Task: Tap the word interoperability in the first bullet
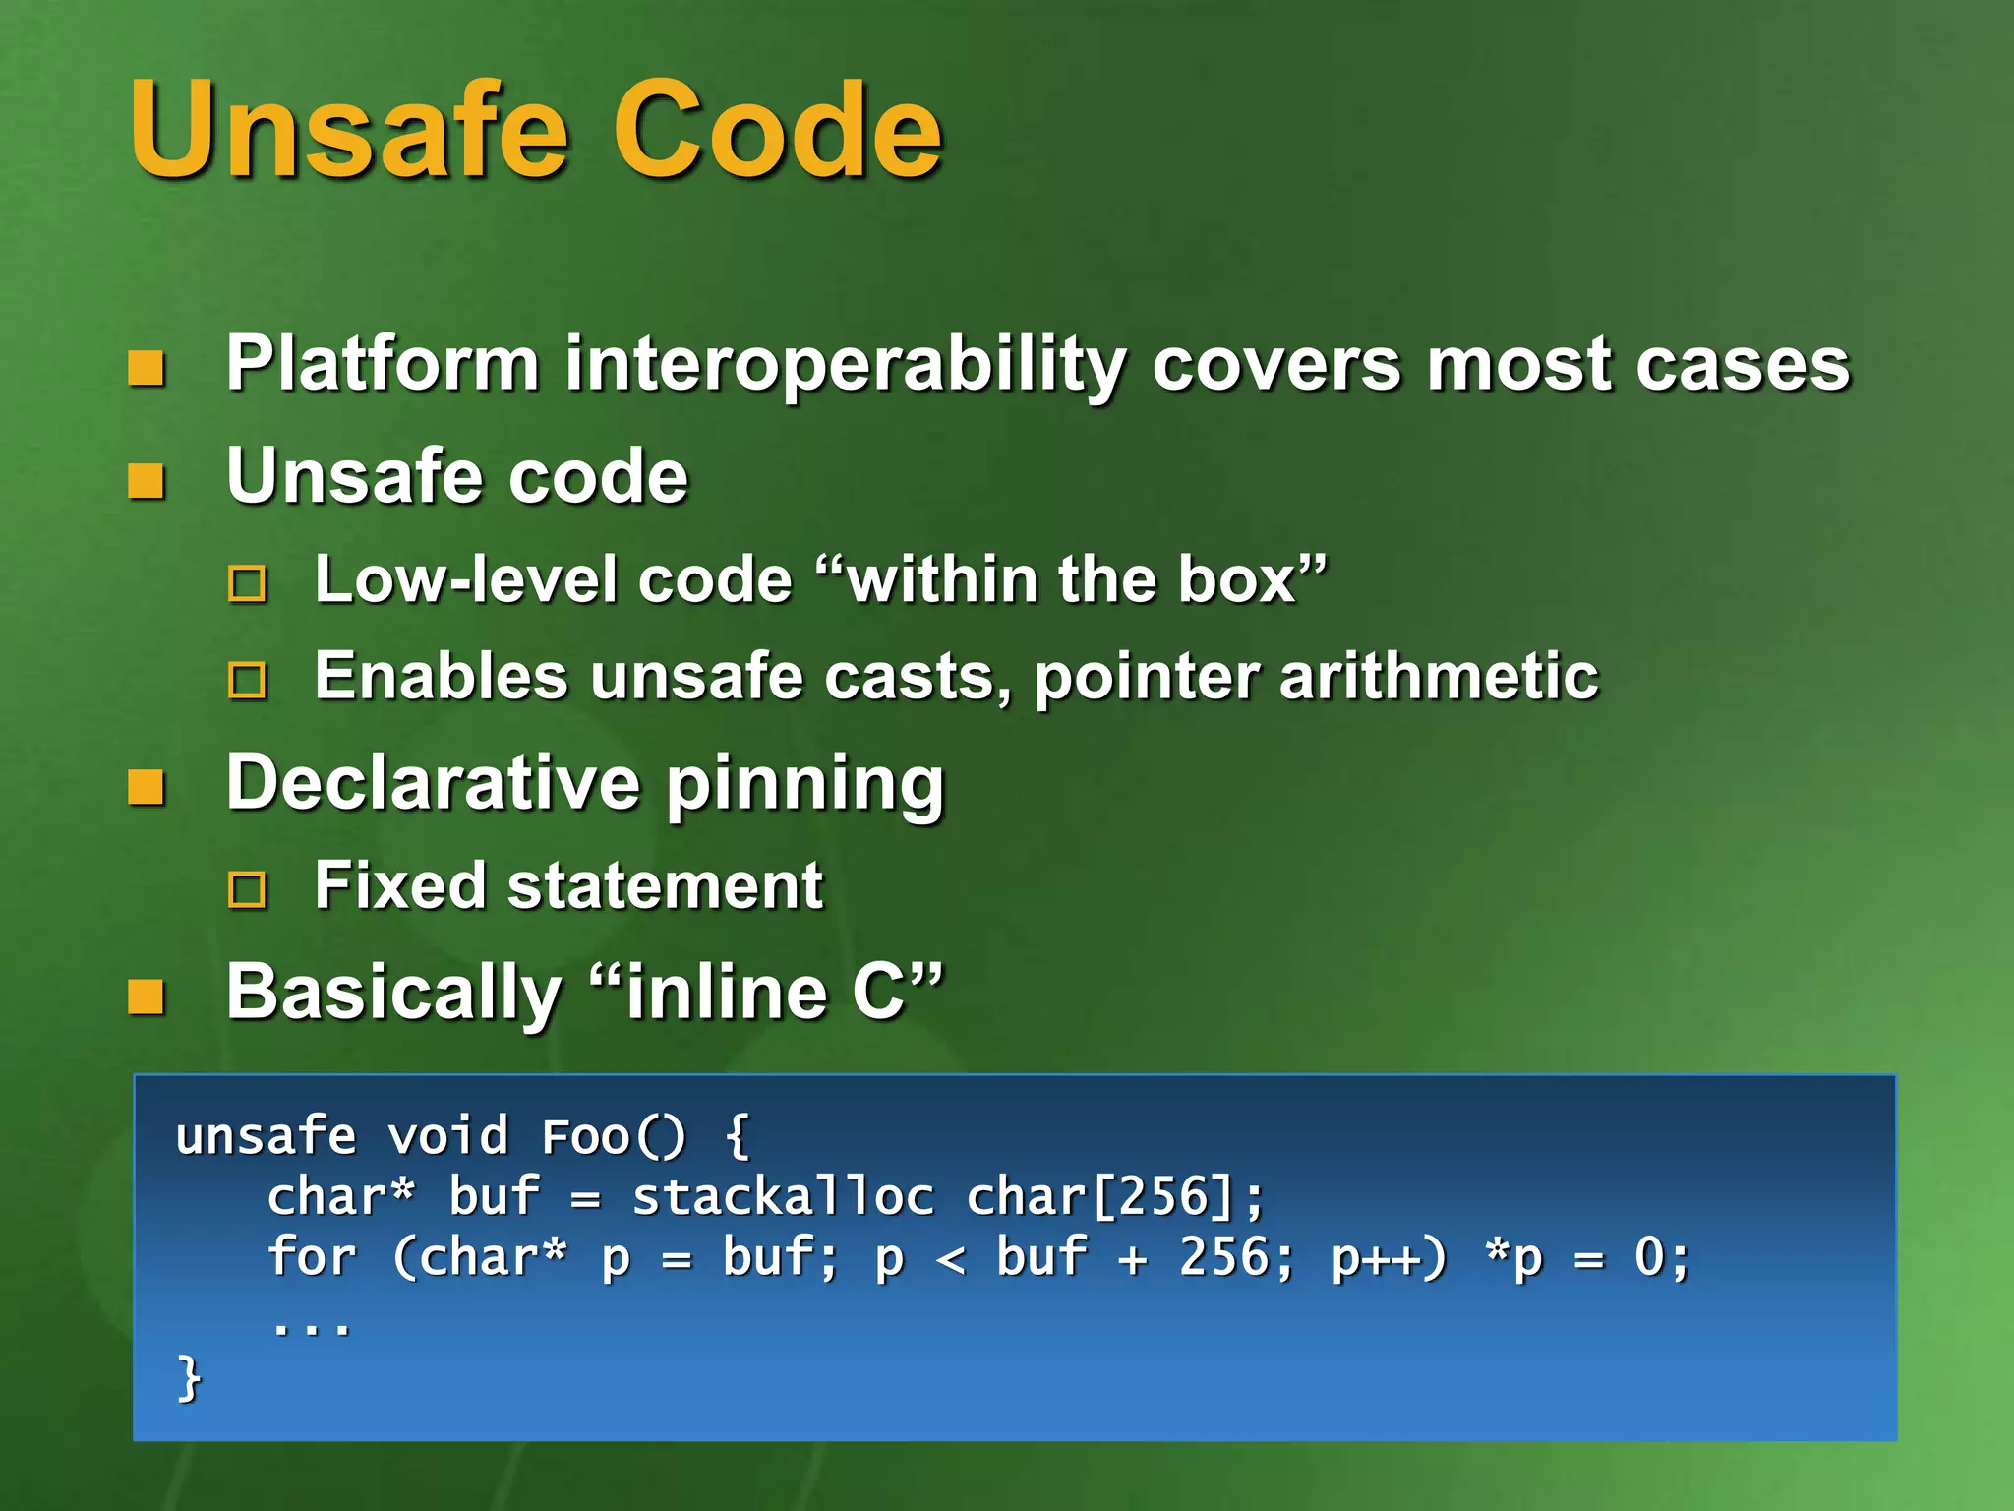coord(844,365)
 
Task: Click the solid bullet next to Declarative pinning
coord(147,787)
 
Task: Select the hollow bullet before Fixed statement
coord(247,890)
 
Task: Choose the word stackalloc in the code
coord(783,1197)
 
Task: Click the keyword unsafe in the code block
coord(266,1137)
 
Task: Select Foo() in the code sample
coord(614,1137)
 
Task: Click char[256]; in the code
coord(1114,1197)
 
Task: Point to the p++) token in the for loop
coord(1389,1258)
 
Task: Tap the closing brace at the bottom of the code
coord(189,1378)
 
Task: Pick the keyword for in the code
coord(311,1258)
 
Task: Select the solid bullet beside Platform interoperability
coord(147,369)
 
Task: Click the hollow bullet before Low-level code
coord(247,583)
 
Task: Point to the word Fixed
coord(398,885)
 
